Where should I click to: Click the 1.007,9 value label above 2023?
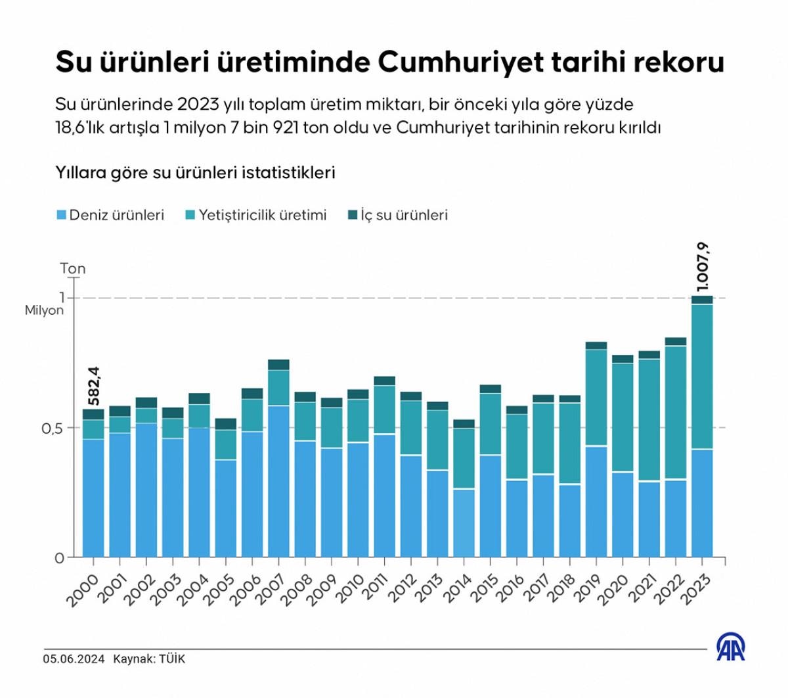pyautogui.click(x=703, y=267)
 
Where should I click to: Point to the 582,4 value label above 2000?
pyautogui.click(x=94, y=386)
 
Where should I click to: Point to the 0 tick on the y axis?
pyautogui.click(x=59, y=558)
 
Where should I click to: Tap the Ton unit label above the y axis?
pyautogui.click(x=73, y=269)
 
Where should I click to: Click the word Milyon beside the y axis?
pyautogui.click(x=44, y=310)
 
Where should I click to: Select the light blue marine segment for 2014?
pyautogui.click(x=464, y=523)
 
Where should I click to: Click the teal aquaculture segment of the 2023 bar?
pyautogui.click(x=702, y=376)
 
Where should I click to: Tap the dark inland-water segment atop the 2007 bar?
pyautogui.click(x=278, y=365)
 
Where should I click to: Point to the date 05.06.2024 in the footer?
pyautogui.click(x=74, y=659)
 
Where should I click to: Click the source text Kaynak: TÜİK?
pyautogui.click(x=149, y=659)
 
